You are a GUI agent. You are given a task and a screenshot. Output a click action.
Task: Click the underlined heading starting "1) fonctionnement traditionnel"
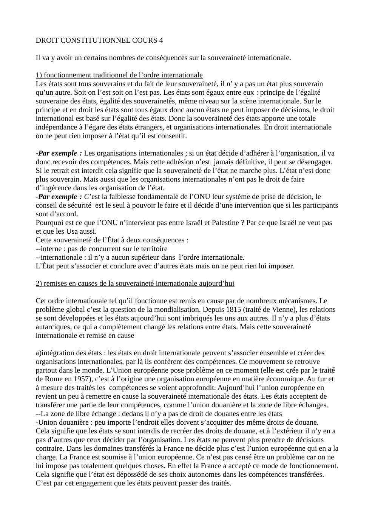(119, 75)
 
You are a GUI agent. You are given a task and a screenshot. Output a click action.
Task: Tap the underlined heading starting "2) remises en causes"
(135, 283)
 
